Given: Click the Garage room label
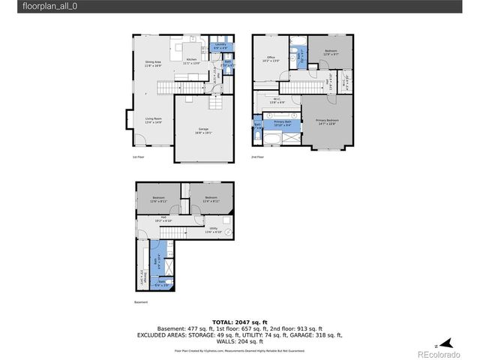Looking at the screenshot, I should [203, 130].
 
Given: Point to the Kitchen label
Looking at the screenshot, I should [191, 61].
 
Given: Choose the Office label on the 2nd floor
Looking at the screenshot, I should [268, 60].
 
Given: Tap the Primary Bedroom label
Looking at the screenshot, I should [328, 121].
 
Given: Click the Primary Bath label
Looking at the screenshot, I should [283, 122].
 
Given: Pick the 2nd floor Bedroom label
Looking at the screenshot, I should [331, 52].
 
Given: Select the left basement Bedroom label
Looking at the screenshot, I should [157, 199].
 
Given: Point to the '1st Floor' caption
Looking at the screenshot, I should [138, 157].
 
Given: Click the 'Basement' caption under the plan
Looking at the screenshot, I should [141, 302].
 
